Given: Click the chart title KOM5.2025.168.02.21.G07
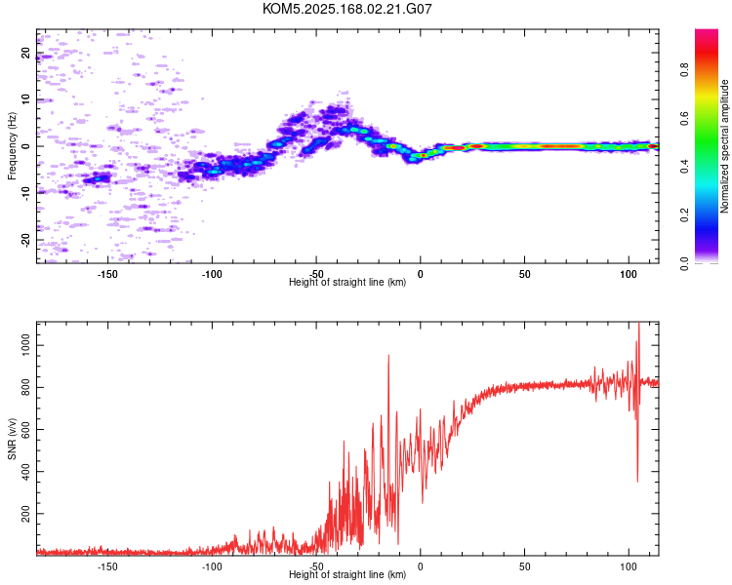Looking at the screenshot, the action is pyautogui.click(x=346, y=9).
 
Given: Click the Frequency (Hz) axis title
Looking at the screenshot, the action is pyautogui.click(x=12, y=146).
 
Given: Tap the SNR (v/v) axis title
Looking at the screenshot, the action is pyautogui.click(x=12, y=439).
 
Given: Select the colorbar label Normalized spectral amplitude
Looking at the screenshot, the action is pyautogui.click(x=724, y=146).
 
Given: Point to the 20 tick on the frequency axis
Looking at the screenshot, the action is pyautogui.click(x=25, y=53).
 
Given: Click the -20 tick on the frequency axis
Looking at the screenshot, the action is pyautogui.click(x=25, y=240).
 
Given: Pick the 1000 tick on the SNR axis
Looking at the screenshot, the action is pyautogui.click(x=25, y=346).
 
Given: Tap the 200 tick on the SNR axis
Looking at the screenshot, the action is pyautogui.click(x=25, y=514).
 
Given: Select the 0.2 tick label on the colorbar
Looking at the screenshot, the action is pyautogui.click(x=684, y=215).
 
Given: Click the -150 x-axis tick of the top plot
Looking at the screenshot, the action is pyautogui.click(x=107, y=274).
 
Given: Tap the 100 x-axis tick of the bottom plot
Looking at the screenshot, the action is pyautogui.click(x=629, y=566).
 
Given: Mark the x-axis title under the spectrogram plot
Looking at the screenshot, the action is pyautogui.click(x=347, y=282).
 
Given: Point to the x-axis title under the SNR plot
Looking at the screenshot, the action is pyautogui.click(x=347, y=574).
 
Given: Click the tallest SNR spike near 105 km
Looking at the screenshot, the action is pyautogui.click(x=638, y=324).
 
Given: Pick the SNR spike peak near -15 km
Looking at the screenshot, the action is pyautogui.click(x=388, y=356).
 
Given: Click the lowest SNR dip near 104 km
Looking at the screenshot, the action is pyautogui.click(x=637, y=482).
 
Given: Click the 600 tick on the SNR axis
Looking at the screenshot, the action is pyautogui.click(x=25, y=430).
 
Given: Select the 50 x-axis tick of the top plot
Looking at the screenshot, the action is pyautogui.click(x=525, y=274).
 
